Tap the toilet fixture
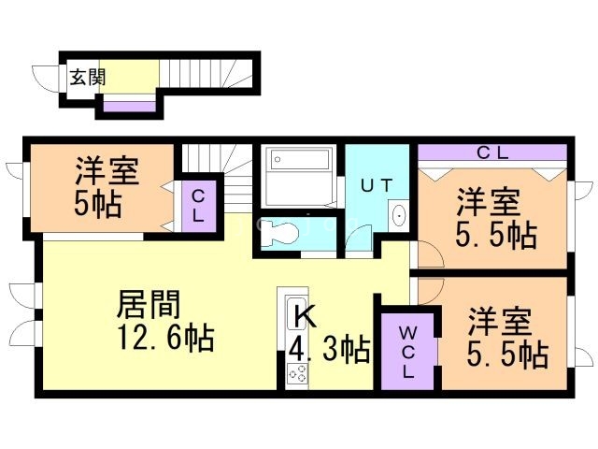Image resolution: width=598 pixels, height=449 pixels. (x=278, y=233)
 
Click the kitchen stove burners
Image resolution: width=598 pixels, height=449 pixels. (x=297, y=374)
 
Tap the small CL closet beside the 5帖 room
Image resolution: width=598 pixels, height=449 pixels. (x=198, y=204)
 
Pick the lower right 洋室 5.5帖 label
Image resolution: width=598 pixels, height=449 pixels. (x=505, y=337)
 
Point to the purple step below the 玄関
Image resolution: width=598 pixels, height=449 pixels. (x=129, y=106)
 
